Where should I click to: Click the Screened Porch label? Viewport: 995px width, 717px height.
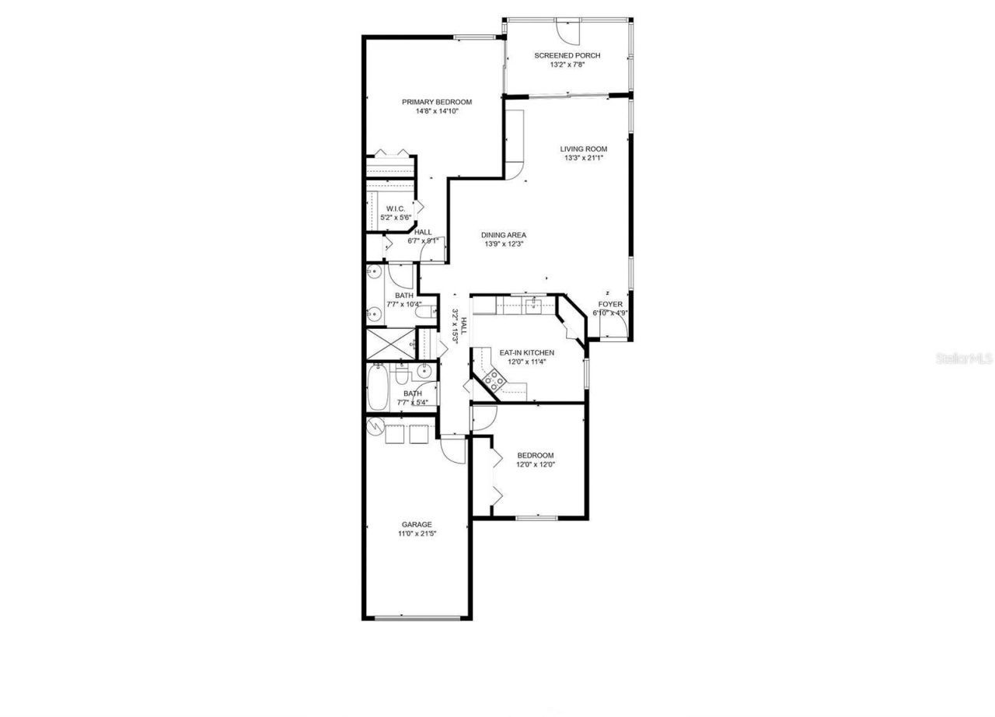coord(567,55)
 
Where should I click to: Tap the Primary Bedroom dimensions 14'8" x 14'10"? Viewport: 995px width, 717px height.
coord(436,111)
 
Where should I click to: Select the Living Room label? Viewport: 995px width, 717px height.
coord(583,149)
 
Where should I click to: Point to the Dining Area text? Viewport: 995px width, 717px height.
coord(504,235)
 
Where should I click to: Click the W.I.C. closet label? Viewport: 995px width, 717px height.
coord(396,208)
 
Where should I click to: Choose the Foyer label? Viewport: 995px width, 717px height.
coord(609,304)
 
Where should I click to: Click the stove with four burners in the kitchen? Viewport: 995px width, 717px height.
coord(494,380)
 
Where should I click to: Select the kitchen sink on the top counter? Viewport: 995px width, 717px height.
coord(533,305)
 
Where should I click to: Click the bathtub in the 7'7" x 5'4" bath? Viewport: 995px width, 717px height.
coord(378,387)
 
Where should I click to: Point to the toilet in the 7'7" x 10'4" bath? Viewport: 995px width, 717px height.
coord(424,313)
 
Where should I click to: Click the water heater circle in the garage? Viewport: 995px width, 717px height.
coord(374,426)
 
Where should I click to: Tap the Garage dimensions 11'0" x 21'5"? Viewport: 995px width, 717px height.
coord(416,533)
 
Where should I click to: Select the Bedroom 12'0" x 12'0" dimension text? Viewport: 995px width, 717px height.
coord(536,464)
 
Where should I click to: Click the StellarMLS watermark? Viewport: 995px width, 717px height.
coord(964,358)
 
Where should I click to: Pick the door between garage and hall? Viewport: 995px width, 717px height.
coord(452,449)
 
